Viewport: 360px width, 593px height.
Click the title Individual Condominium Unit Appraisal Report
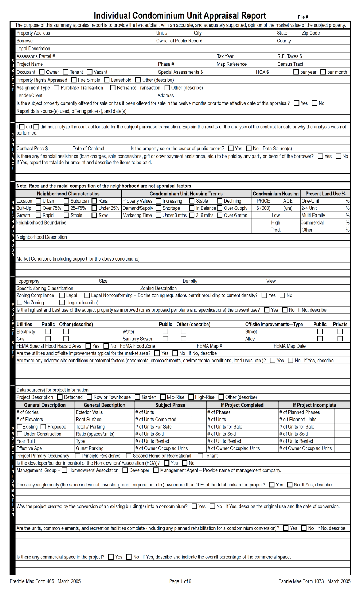(x=180, y=15)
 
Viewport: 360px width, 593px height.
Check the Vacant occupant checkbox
(x=90, y=72)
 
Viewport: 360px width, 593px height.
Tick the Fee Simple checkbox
(x=74, y=80)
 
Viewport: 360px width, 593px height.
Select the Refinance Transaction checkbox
(x=113, y=87)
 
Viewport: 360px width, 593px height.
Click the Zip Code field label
(x=311, y=33)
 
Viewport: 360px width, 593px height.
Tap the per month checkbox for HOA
(x=323, y=72)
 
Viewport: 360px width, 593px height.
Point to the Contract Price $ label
(x=32, y=148)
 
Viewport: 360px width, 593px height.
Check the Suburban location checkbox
(x=66, y=201)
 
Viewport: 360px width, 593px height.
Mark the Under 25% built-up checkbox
(x=94, y=208)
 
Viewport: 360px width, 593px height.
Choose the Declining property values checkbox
(x=220, y=201)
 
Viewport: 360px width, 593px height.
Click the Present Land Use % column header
(x=325, y=194)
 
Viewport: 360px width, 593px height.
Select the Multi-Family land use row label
(x=313, y=215)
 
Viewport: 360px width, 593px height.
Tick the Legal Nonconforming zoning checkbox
(x=87, y=295)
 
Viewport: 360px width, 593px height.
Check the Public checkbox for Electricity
(x=48, y=331)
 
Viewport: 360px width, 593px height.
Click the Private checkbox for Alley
(x=340, y=339)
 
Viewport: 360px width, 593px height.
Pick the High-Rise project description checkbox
(x=191, y=397)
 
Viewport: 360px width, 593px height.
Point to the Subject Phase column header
(x=170, y=405)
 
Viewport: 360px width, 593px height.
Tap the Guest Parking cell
(x=90, y=448)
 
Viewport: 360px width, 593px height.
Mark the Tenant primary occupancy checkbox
(x=201, y=456)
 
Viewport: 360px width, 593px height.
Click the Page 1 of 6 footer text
(x=180, y=581)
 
